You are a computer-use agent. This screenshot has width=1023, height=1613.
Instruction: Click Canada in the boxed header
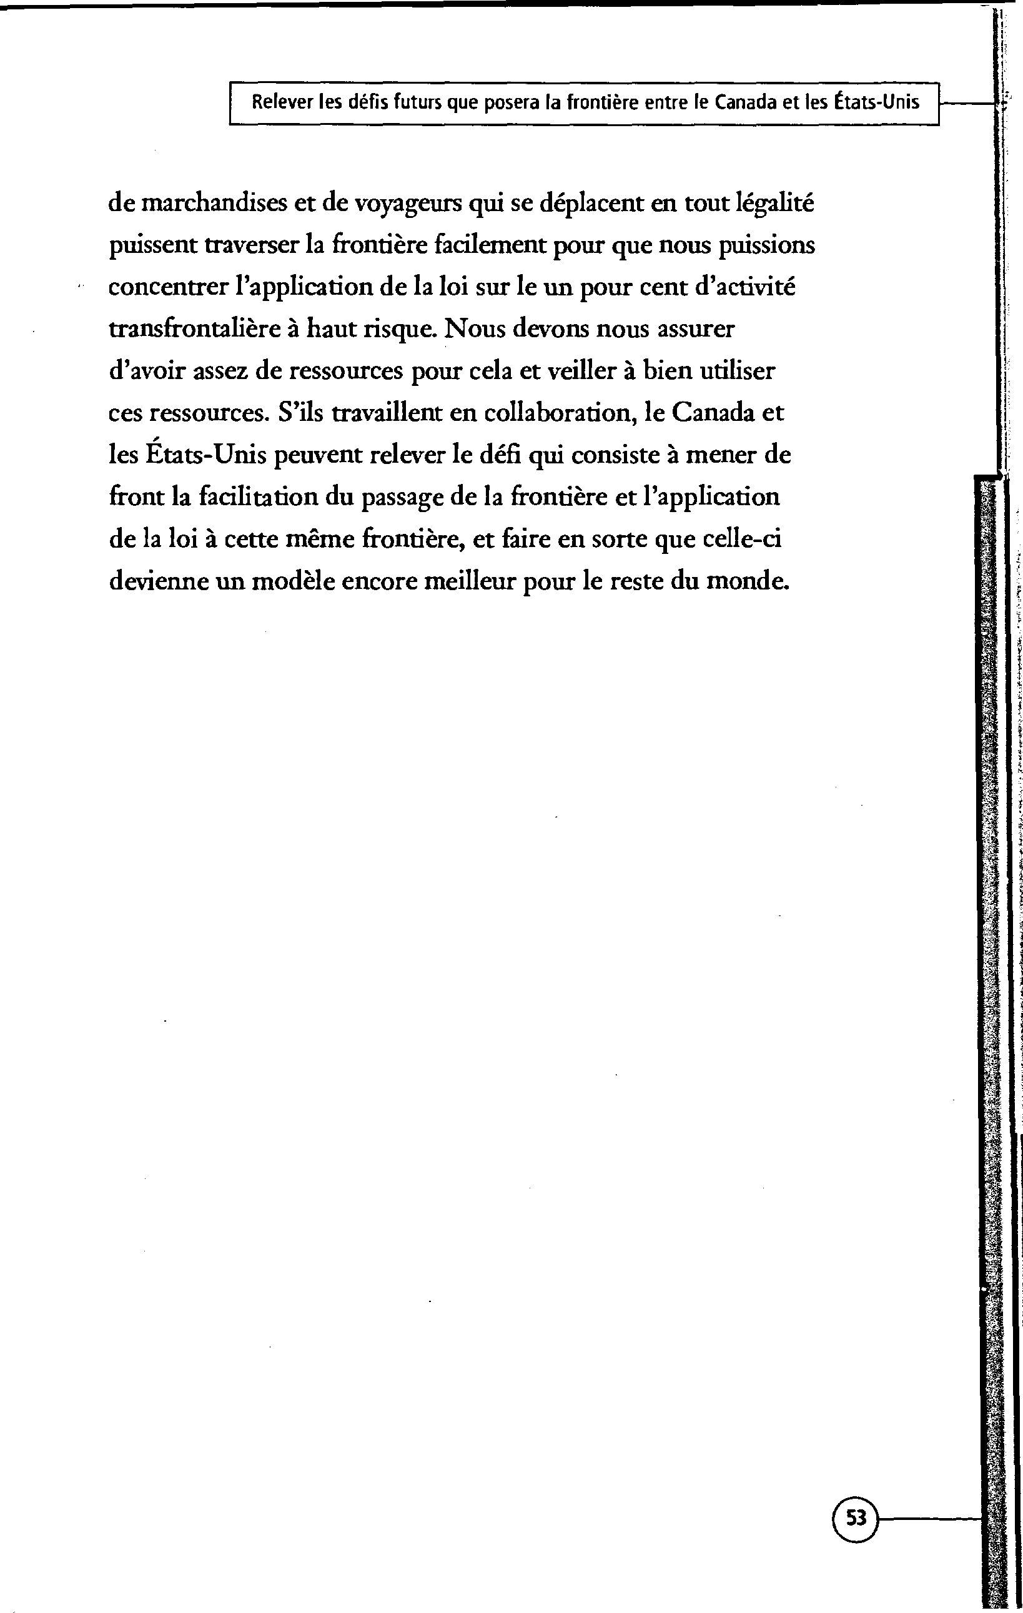click(744, 103)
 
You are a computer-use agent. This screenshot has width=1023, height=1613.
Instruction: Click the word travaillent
click(387, 413)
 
